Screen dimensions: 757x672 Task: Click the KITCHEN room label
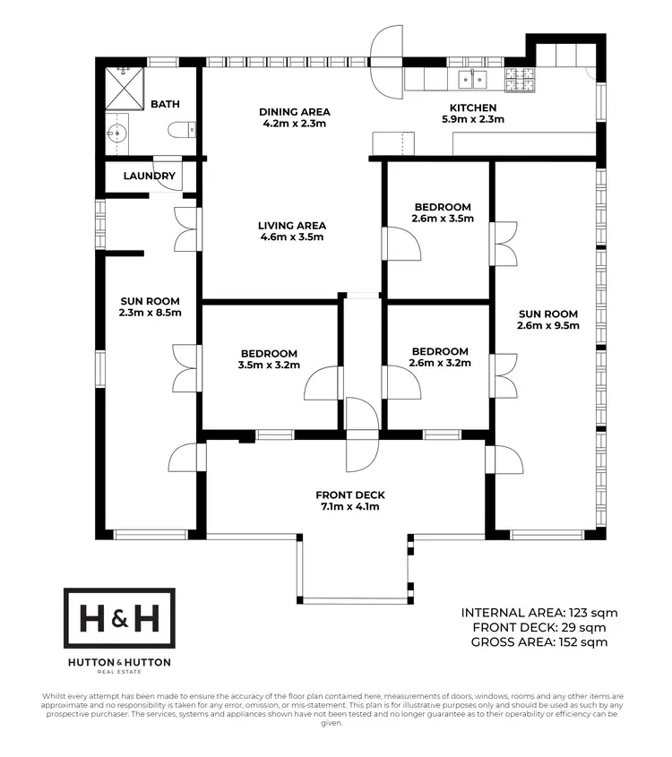(473, 108)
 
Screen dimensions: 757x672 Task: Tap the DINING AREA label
(295, 112)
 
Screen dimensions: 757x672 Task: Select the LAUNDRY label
(150, 176)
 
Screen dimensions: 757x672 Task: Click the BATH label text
(165, 105)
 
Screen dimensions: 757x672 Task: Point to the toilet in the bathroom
(182, 131)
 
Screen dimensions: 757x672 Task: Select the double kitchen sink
(473, 81)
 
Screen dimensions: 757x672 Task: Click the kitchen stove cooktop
(521, 81)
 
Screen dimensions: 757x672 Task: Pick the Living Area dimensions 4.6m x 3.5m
(292, 237)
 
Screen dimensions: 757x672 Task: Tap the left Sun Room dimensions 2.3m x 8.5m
(151, 313)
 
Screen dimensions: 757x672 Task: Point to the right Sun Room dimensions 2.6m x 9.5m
(548, 326)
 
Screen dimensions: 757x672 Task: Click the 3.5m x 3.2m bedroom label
(268, 366)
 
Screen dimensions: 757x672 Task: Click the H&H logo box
(119, 618)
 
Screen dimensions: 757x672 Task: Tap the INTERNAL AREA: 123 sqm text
(539, 613)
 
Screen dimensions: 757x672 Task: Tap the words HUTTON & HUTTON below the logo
(119, 662)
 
